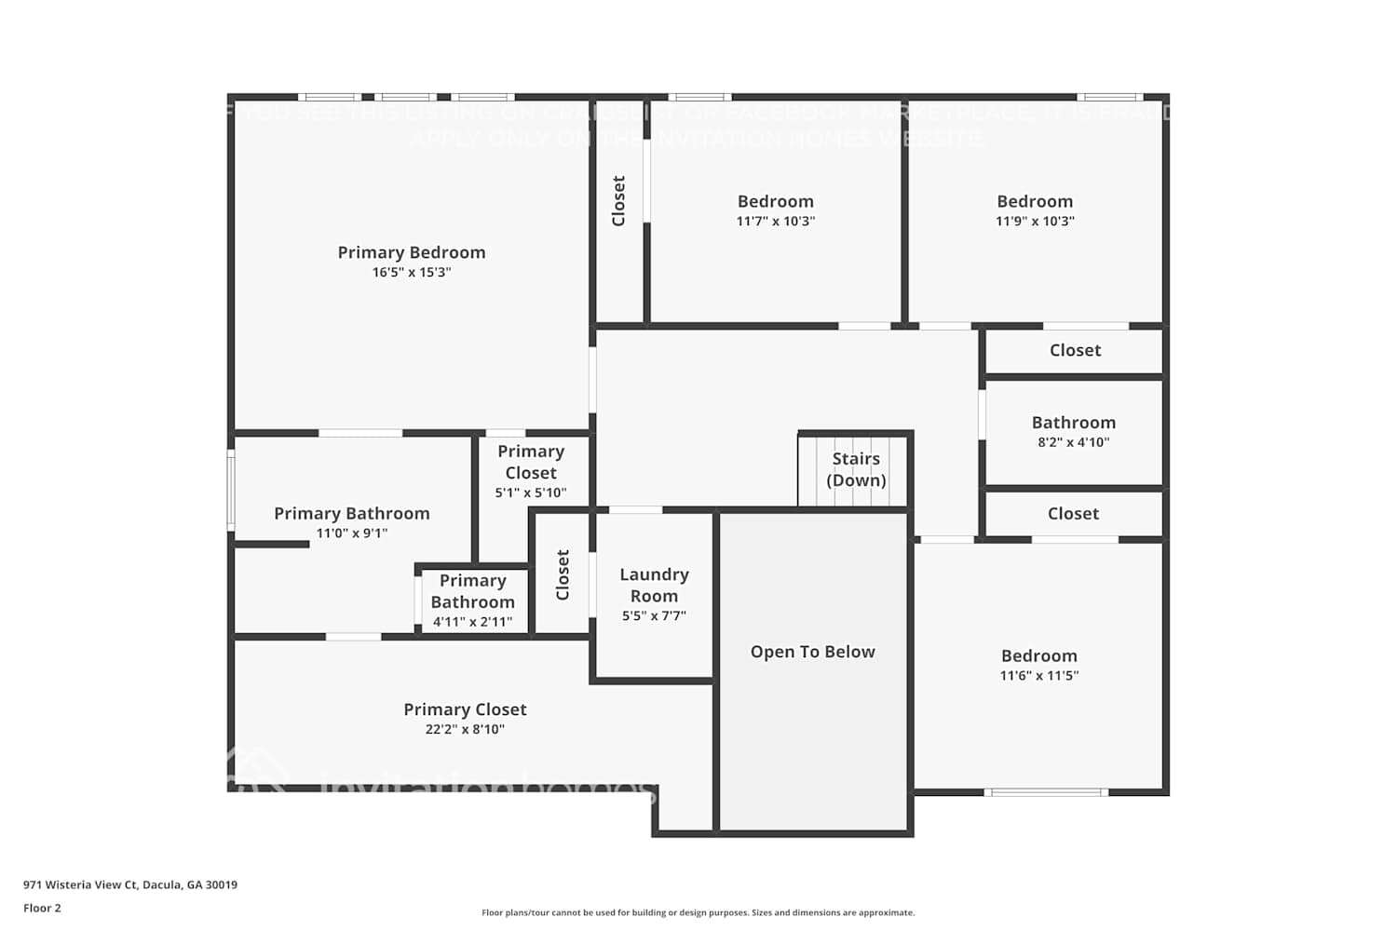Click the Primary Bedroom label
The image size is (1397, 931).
(x=411, y=252)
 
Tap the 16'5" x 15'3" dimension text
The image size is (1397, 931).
(x=411, y=273)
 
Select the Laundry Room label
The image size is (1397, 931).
(x=654, y=586)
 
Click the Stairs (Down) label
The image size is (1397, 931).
(x=856, y=469)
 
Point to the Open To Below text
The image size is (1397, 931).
(x=812, y=652)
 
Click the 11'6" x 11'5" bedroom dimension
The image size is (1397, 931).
(x=1038, y=676)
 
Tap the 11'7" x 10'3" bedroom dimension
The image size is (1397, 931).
(x=775, y=222)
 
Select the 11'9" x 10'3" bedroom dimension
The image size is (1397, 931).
(x=1035, y=222)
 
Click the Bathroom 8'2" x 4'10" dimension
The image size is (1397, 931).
(x=1073, y=442)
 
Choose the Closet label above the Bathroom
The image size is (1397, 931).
(x=1075, y=350)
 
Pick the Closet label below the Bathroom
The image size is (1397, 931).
(x=1073, y=513)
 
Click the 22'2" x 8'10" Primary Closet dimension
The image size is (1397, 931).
(x=465, y=730)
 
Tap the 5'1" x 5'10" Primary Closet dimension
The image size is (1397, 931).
(x=530, y=492)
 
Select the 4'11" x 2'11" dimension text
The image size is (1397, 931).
(x=472, y=622)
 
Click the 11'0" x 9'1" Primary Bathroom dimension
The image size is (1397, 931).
(x=351, y=533)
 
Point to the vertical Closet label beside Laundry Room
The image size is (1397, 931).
(x=563, y=574)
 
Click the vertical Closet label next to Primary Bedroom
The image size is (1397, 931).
(x=618, y=200)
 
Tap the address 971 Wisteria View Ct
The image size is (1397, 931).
(x=129, y=884)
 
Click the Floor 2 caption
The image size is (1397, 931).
(x=42, y=908)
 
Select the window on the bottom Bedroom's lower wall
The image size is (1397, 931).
(x=1046, y=792)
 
